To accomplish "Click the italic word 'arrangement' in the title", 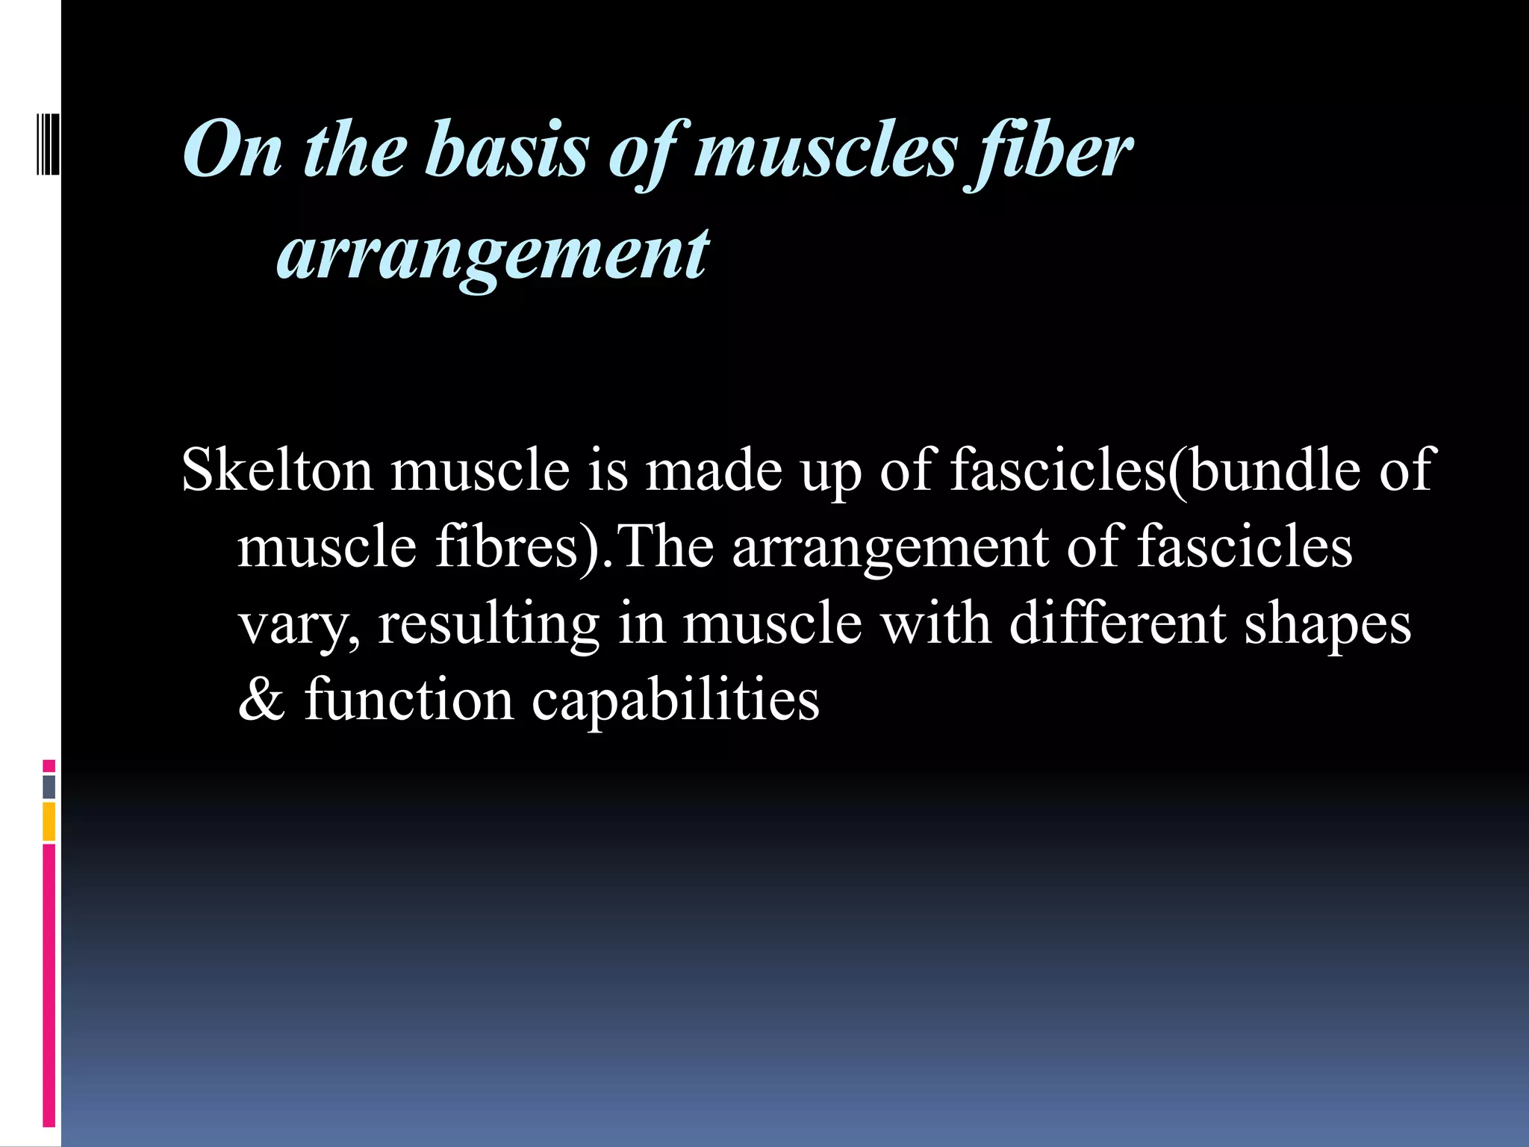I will [493, 254].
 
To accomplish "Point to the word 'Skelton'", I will [277, 470].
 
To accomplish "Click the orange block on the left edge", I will [49, 821].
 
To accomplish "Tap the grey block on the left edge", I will [49, 786].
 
